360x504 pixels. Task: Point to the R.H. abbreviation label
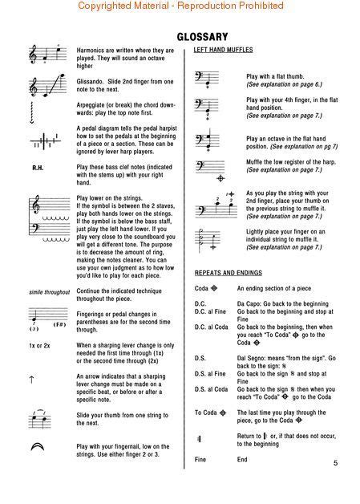(39, 169)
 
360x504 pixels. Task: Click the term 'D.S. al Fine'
(211, 373)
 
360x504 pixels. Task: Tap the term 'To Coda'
(210, 413)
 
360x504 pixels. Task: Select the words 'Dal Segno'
(253, 358)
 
